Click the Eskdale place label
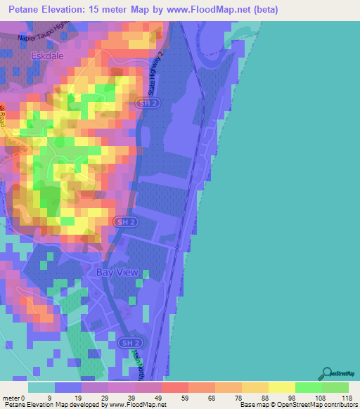(x=47, y=54)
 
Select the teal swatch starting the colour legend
(x=41, y=387)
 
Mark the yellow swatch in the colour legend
(x=281, y=387)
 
